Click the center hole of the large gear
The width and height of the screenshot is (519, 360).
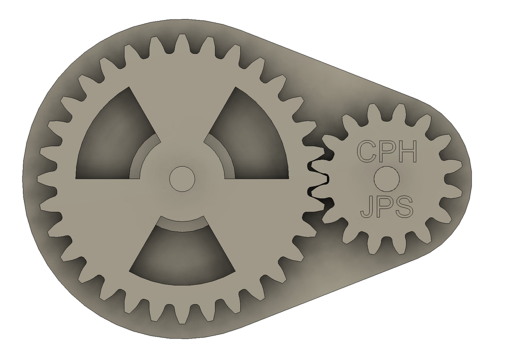coord(181,178)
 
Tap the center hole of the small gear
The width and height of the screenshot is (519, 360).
coord(386,178)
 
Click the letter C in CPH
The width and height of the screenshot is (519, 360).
coord(366,151)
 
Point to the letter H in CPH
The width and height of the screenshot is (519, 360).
coord(406,151)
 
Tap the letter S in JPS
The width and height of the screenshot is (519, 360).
coord(404,207)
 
